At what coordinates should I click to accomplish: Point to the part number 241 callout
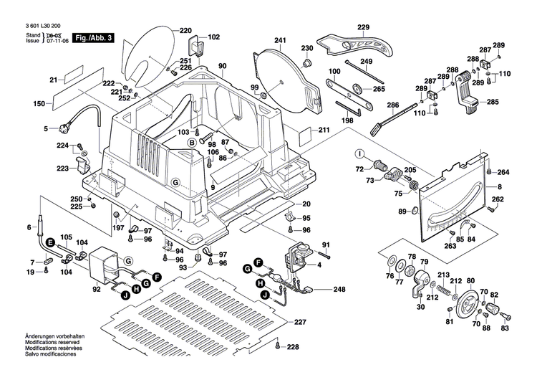click(280, 40)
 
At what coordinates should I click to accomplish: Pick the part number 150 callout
click(39, 104)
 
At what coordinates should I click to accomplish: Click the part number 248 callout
click(339, 290)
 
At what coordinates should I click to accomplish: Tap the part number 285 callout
click(493, 103)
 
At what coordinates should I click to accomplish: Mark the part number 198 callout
click(347, 120)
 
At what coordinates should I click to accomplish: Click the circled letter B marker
click(191, 143)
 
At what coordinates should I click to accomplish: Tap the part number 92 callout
click(97, 290)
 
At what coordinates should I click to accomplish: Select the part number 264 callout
click(503, 172)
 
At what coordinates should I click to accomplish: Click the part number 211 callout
click(324, 130)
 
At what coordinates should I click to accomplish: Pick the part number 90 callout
click(222, 67)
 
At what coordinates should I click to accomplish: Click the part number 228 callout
click(293, 348)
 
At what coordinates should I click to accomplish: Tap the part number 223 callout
click(63, 168)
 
